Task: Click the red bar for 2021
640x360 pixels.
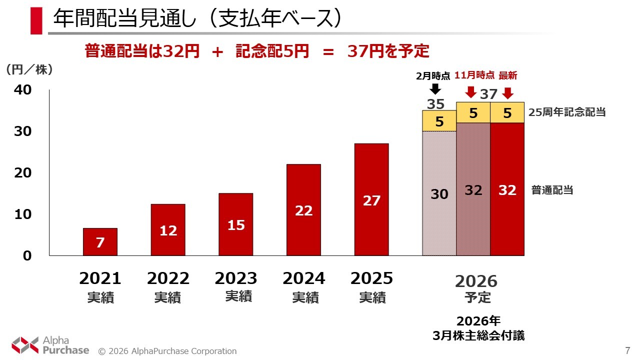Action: pyautogui.click(x=100, y=242)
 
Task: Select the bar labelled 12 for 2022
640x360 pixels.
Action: pyautogui.click(x=168, y=230)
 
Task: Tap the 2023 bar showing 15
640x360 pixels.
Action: pyautogui.click(x=236, y=224)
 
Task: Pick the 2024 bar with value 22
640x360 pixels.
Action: pyautogui.click(x=303, y=210)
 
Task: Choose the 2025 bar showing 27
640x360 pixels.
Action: pyautogui.click(x=371, y=199)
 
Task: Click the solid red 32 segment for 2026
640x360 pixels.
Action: pyautogui.click(x=507, y=189)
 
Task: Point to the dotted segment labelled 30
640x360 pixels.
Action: pyautogui.click(x=439, y=193)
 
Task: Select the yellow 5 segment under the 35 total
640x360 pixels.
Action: pyautogui.click(x=439, y=121)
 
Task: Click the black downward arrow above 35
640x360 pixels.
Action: pyautogui.click(x=435, y=89)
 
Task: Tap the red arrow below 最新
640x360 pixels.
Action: pyautogui.click(x=508, y=93)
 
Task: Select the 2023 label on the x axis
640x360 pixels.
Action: pyautogui.click(x=236, y=278)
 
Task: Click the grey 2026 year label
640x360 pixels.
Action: pyautogui.click(x=476, y=281)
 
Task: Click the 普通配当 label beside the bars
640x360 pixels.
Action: pyautogui.click(x=552, y=190)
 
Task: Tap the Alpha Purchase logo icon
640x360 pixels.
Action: pyautogui.click(x=25, y=345)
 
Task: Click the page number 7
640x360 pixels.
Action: pyautogui.click(x=627, y=350)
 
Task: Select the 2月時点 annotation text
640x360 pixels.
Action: pyautogui.click(x=433, y=76)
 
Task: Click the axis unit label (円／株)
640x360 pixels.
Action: pyautogui.click(x=29, y=70)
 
